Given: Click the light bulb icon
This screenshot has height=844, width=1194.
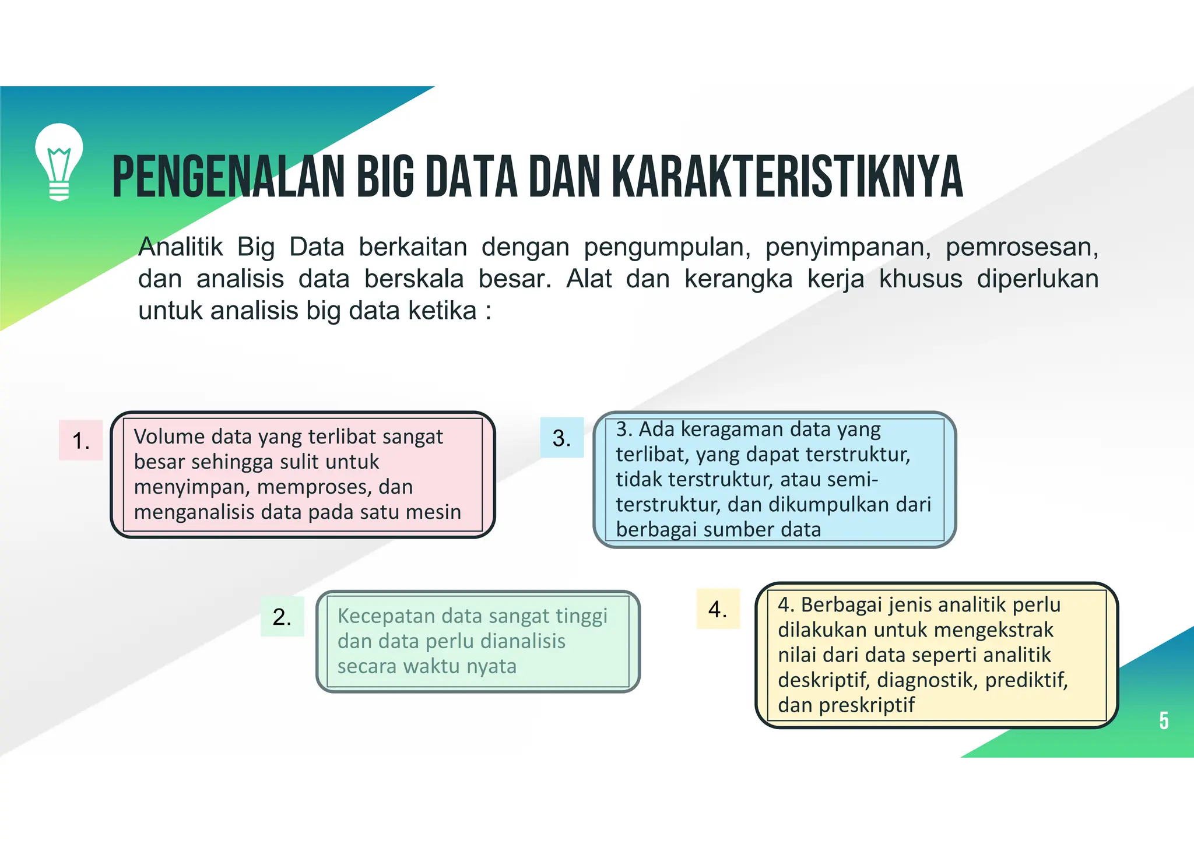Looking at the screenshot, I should pyautogui.click(x=59, y=162).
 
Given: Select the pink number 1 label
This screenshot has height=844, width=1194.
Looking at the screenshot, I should pyautogui.click(x=80, y=441).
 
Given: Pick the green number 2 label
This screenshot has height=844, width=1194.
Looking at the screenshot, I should pyautogui.click(x=282, y=617).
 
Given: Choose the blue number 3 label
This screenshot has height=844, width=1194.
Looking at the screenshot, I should pyautogui.click(x=561, y=438).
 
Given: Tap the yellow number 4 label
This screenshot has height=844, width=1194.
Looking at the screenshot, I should pyautogui.click(x=718, y=609).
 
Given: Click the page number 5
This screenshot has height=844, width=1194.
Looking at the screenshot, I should pyautogui.click(x=1164, y=721).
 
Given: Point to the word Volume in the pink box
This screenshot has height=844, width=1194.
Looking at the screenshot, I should pyautogui.click(x=169, y=437).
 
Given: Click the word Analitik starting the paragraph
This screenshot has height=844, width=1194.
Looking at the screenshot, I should pyautogui.click(x=180, y=247).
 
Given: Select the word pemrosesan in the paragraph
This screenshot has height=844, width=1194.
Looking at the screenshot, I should pyautogui.click(x=1021, y=247).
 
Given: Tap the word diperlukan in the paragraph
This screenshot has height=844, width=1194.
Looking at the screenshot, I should pyautogui.click(x=1037, y=279).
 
